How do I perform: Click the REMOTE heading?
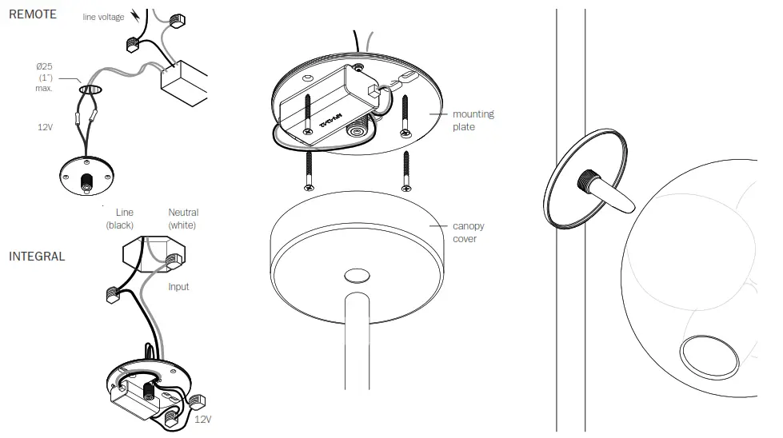(x=33, y=14)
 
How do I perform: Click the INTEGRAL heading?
(x=37, y=257)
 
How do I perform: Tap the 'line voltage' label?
(x=104, y=17)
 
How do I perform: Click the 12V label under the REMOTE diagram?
(x=46, y=127)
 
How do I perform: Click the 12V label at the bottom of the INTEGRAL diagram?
(x=202, y=419)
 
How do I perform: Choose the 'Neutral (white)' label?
(x=183, y=218)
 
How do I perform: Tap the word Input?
(x=178, y=287)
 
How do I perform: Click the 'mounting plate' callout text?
(x=473, y=121)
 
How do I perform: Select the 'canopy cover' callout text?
(x=468, y=233)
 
